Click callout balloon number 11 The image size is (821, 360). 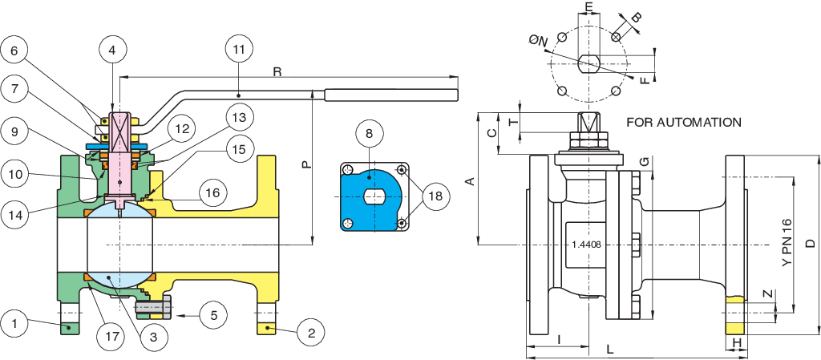point(238,50)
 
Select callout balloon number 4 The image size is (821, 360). point(113,50)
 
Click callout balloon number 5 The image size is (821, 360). point(212,316)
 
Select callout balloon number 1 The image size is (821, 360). point(15,324)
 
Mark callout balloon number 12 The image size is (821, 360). point(182,128)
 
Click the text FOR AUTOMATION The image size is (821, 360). point(683,123)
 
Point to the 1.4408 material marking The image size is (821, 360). point(587,243)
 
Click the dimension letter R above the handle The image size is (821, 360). point(277,71)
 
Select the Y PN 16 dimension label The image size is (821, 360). point(786,242)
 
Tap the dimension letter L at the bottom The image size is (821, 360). point(610,350)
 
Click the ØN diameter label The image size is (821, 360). point(538,39)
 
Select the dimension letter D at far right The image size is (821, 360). point(811,243)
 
